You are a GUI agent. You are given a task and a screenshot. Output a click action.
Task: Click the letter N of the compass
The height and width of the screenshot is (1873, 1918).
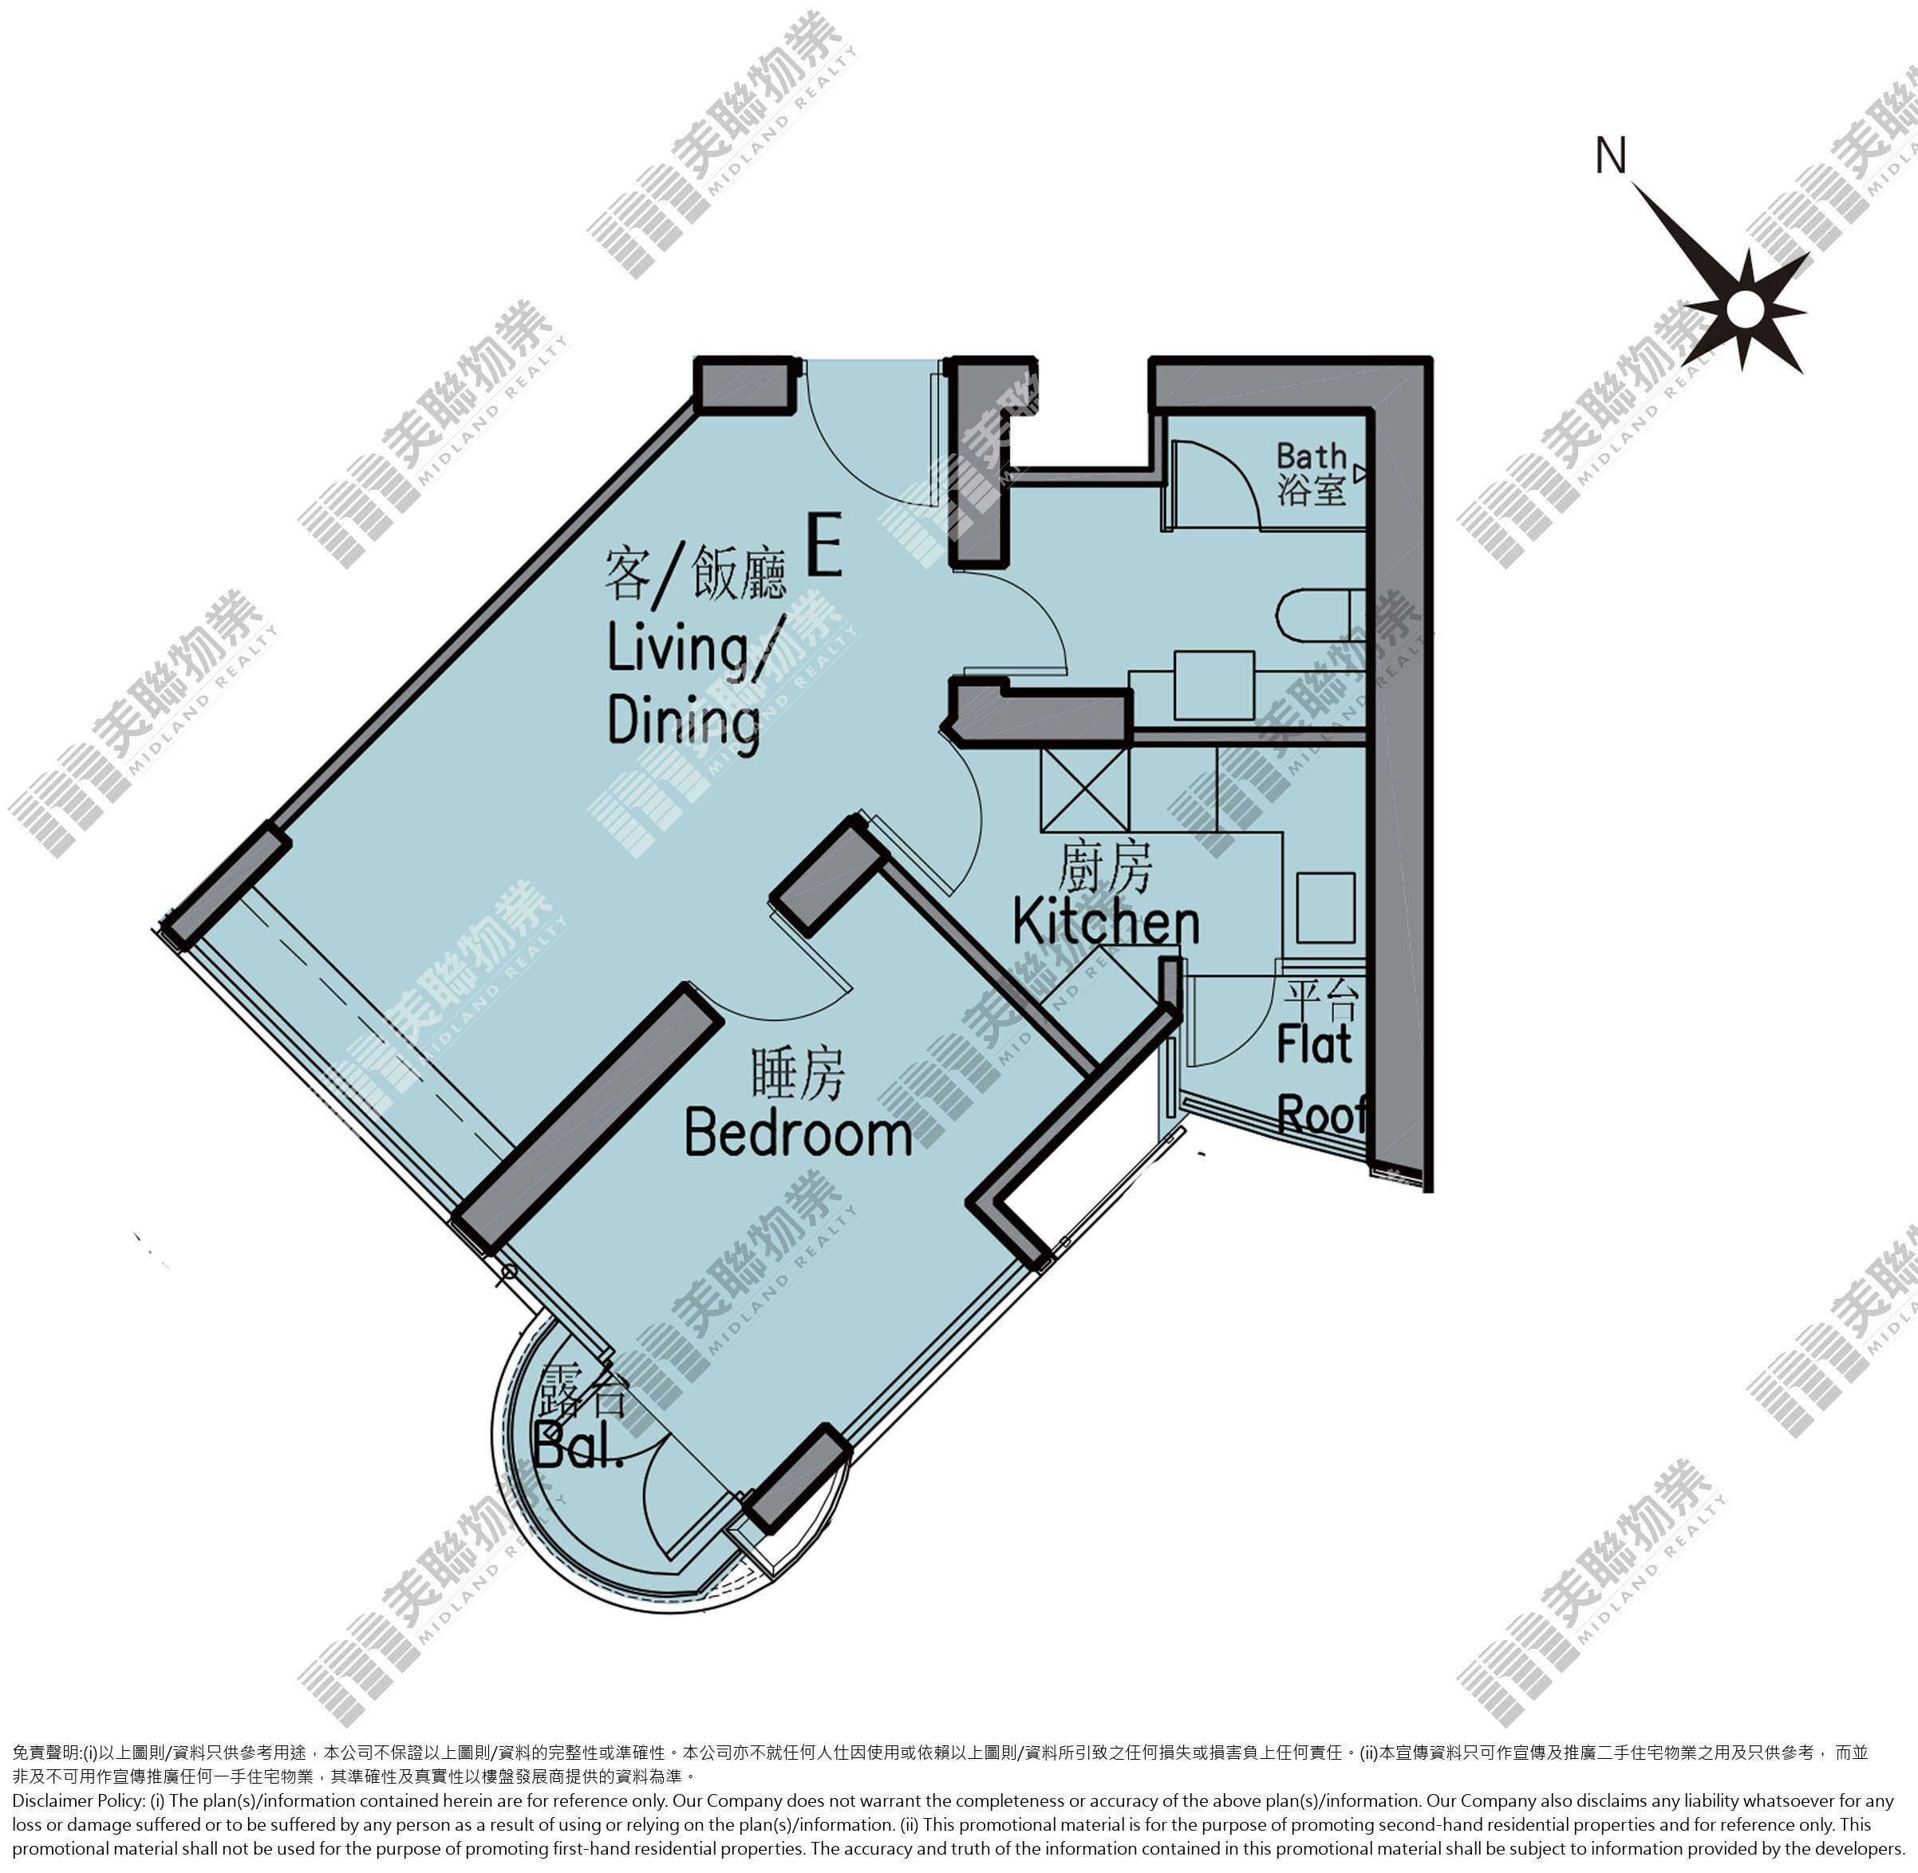pos(1611,156)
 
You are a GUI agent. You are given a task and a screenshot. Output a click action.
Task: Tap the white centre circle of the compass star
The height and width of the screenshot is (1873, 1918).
pos(1746,310)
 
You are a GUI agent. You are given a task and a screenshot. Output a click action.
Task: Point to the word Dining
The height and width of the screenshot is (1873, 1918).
pos(684,721)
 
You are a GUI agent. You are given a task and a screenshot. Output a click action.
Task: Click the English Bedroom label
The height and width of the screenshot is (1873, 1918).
pos(798,1134)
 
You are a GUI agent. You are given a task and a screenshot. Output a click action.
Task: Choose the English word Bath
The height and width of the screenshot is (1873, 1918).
pos(1311,456)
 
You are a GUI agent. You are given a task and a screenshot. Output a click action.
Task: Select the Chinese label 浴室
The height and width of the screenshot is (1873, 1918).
pos(1312,489)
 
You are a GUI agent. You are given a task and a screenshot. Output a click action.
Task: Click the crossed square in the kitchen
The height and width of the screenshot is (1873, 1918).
pos(1084,789)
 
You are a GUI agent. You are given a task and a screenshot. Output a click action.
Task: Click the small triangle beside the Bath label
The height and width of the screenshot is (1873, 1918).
pos(1360,474)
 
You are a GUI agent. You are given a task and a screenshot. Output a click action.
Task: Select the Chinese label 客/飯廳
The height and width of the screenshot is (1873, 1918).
pos(696,574)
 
